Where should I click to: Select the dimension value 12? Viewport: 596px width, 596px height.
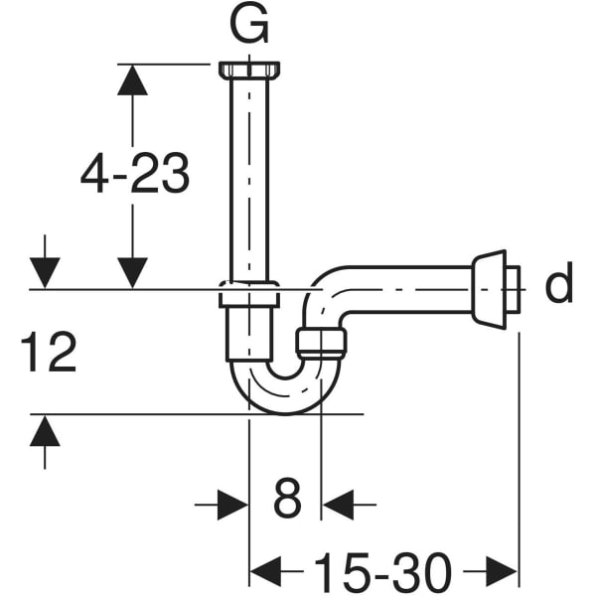[49, 353]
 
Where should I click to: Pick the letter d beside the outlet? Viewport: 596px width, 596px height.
[559, 285]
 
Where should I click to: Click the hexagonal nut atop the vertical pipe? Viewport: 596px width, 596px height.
[247, 71]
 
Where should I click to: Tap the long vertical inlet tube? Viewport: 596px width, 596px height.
[247, 179]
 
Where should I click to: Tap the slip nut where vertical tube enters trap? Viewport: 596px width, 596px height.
[247, 295]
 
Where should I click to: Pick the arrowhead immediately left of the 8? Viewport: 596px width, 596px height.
[234, 504]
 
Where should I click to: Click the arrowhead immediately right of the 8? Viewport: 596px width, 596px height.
[336, 504]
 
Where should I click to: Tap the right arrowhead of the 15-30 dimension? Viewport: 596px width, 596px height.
[504, 571]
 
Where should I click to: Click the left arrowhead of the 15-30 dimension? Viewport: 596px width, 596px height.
[262, 571]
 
